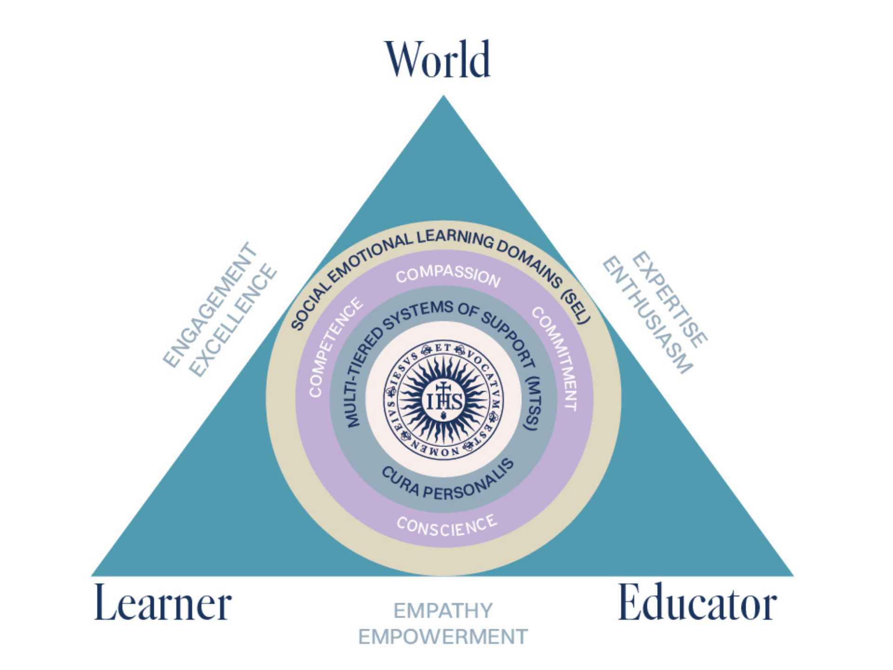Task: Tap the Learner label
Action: click(x=163, y=603)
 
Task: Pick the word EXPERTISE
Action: click(x=670, y=300)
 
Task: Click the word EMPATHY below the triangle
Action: click(x=443, y=611)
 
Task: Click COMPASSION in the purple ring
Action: click(x=448, y=275)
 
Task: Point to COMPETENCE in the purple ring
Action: click(x=334, y=346)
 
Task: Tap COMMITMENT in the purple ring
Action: click(x=556, y=357)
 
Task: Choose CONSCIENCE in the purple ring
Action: click(x=447, y=526)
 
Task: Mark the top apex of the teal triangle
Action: click(x=443, y=95)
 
